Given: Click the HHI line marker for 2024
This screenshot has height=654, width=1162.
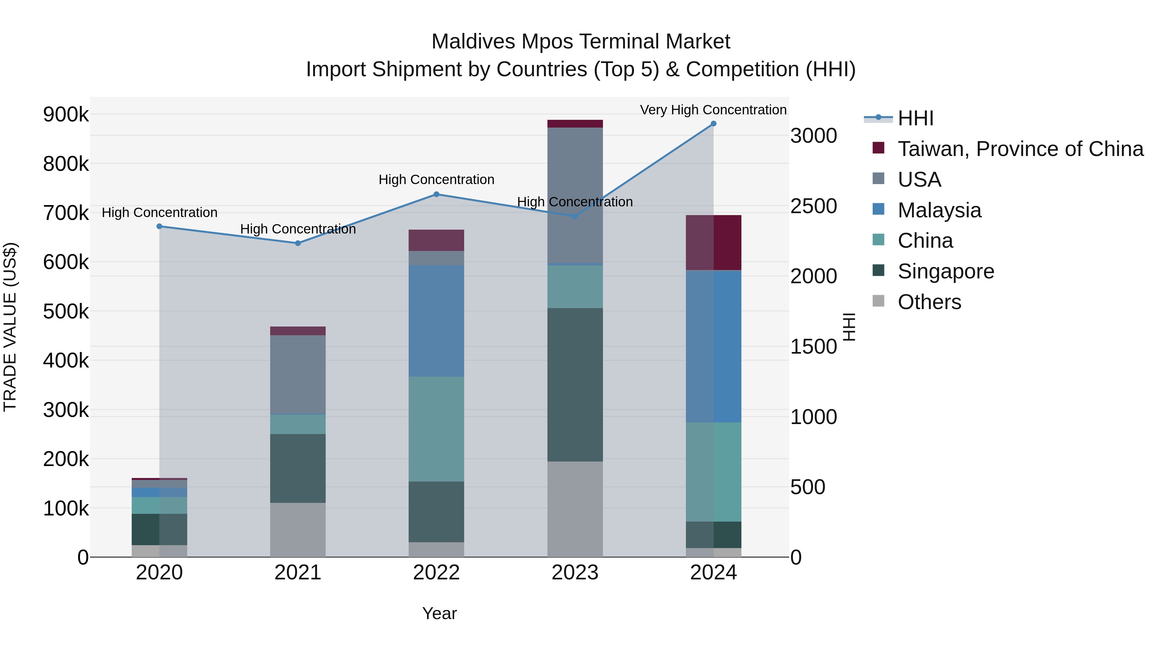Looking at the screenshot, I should pyautogui.click(x=713, y=124).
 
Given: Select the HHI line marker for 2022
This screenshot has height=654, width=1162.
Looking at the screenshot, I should pyautogui.click(x=436, y=194).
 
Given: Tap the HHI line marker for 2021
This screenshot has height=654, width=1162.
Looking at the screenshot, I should pyautogui.click(x=298, y=243).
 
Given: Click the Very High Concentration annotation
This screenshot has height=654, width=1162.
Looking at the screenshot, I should pyautogui.click(x=713, y=110).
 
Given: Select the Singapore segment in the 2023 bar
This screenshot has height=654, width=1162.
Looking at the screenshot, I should pyautogui.click(x=575, y=385).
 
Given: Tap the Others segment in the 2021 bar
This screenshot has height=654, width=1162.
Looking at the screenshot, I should pyautogui.click(x=298, y=530).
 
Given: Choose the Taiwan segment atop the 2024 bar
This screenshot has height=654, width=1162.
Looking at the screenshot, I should pyautogui.click(x=713, y=243).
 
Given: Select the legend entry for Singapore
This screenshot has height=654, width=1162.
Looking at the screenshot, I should pyautogui.click(x=945, y=271).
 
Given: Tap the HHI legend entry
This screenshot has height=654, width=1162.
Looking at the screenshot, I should pyautogui.click(x=915, y=118).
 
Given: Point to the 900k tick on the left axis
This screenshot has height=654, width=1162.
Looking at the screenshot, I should pyautogui.click(x=66, y=115).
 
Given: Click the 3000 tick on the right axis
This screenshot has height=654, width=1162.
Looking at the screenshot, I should pyautogui.click(x=813, y=136).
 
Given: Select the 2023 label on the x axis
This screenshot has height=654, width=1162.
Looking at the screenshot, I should pyautogui.click(x=575, y=573).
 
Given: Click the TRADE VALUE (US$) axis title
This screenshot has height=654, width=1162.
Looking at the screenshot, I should pyautogui.click(x=10, y=327).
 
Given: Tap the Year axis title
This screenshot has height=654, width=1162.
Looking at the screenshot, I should pyautogui.click(x=439, y=613).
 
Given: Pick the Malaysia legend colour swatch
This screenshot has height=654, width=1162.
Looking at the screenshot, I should pyautogui.click(x=878, y=209).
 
